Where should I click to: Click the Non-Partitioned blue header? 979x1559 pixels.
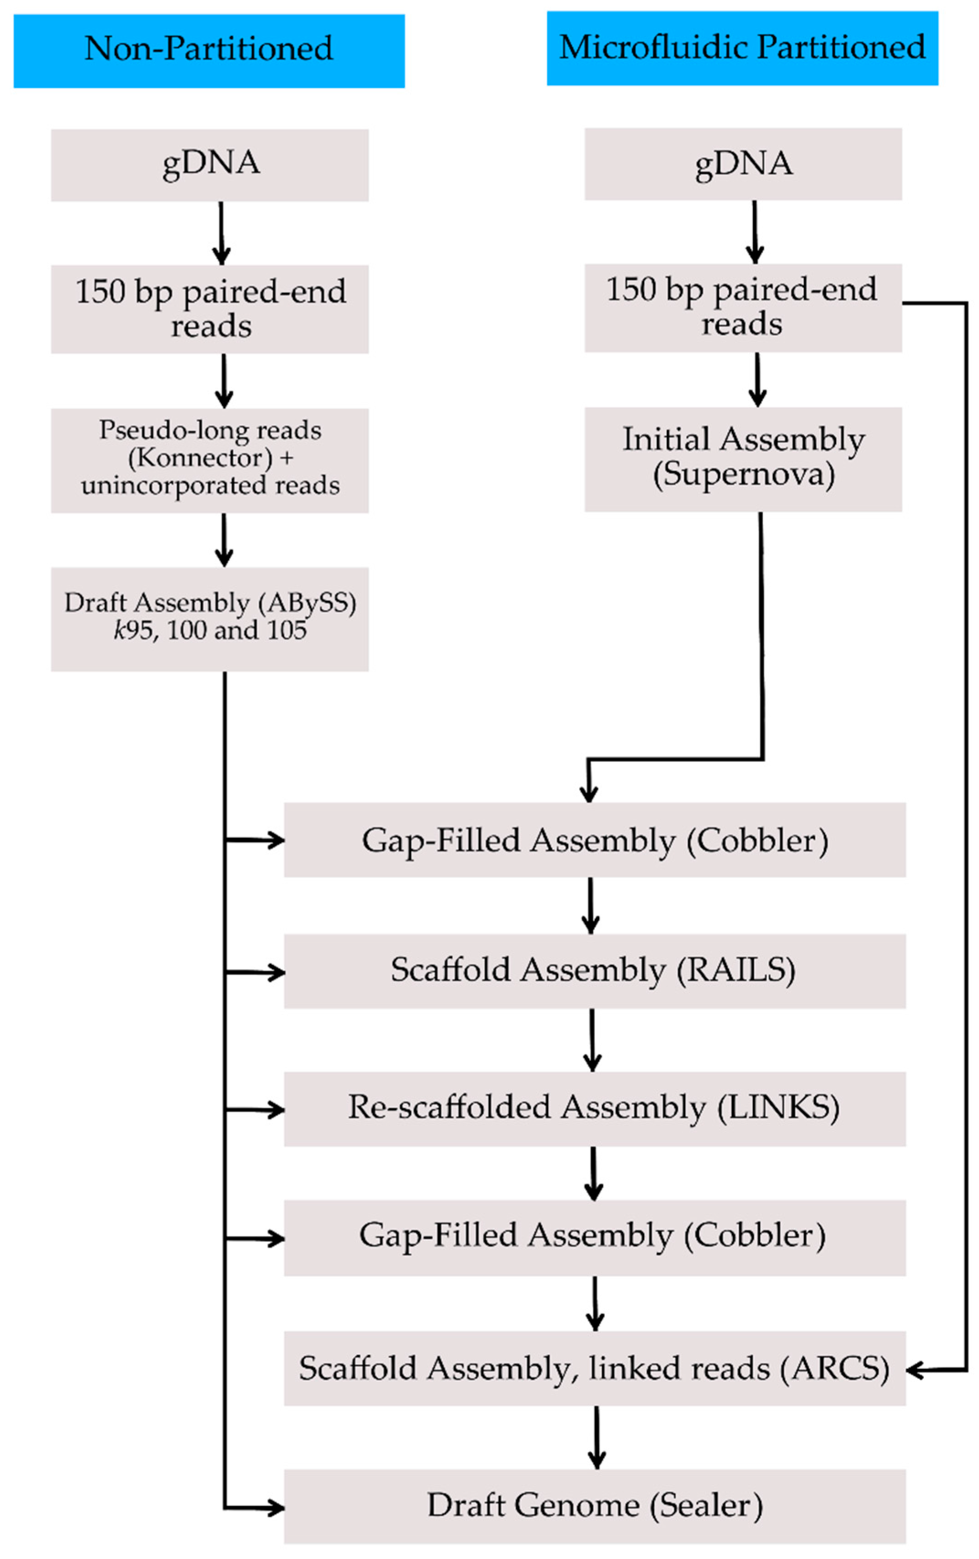click(x=208, y=50)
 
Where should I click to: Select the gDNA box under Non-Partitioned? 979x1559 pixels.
click(x=210, y=165)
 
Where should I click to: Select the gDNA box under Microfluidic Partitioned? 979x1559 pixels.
click(x=743, y=163)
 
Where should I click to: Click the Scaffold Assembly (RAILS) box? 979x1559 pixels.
click(x=594, y=970)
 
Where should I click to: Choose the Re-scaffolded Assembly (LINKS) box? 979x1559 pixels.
click(x=594, y=1108)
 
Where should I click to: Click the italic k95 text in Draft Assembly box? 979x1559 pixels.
click(x=132, y=630)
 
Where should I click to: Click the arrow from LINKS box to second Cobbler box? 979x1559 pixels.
click(x=593, y=1172)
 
